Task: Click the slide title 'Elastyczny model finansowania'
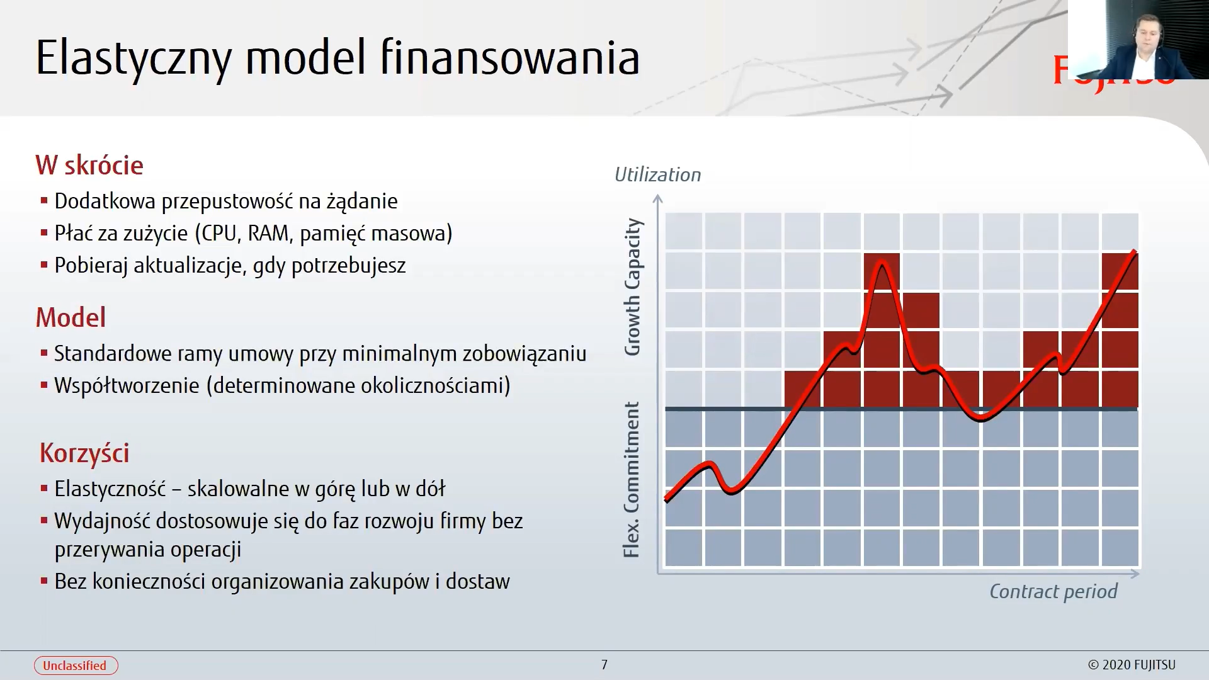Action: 338,59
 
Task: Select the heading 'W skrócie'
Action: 89,165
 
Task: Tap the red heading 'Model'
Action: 71,317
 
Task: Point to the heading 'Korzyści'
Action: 84,453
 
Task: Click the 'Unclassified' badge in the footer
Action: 76,666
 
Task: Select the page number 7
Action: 604,665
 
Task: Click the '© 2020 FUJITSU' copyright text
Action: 1132,665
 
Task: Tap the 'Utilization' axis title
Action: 657,174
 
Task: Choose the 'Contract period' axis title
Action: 1053,591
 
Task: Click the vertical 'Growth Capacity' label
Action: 632,287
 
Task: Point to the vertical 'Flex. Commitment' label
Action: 632,480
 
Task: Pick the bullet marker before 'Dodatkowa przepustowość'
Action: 44,201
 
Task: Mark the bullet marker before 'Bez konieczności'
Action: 44,581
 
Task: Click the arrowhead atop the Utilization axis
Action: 658,199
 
